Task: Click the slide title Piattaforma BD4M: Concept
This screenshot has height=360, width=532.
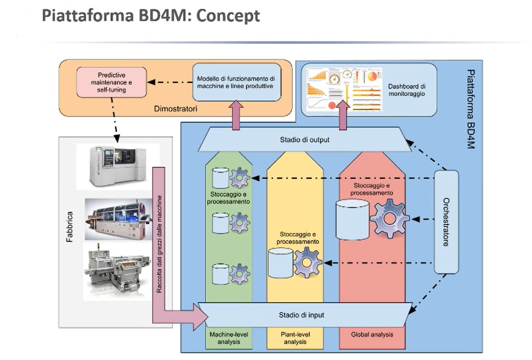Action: point(151,16)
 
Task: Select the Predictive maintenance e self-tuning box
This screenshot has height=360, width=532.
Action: point(111,82)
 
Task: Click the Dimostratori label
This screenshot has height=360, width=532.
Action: point(175,109)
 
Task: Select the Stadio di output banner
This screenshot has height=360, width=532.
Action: point(304,140)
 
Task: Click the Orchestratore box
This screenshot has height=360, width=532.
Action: point(445,222)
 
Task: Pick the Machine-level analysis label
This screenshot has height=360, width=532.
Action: point(229,338)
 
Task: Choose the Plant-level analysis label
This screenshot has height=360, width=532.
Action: point(294,338)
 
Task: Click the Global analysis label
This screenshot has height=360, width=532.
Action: point(372,335)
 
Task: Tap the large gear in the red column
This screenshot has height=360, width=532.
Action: point(389,218)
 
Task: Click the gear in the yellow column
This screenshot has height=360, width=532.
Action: point(307,262)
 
